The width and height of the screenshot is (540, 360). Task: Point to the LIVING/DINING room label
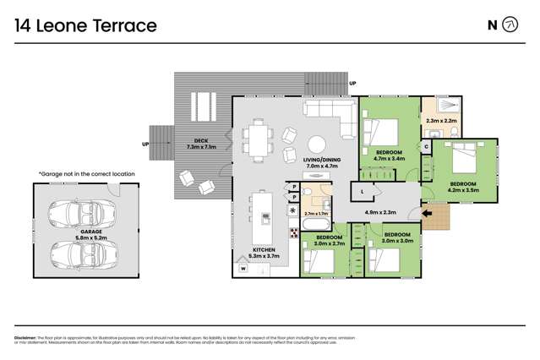pyautogui.click(x=320, y=163)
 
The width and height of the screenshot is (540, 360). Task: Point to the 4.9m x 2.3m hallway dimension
pyautogui.click(x=379, y=213)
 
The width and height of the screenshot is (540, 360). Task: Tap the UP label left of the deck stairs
pyautogui.click(x=145, y=144)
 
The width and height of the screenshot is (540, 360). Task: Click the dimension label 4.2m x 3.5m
pyautogui.click(x=464, y=189)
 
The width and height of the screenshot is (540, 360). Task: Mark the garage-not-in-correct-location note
pyautogui.click(x=86, y=173)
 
